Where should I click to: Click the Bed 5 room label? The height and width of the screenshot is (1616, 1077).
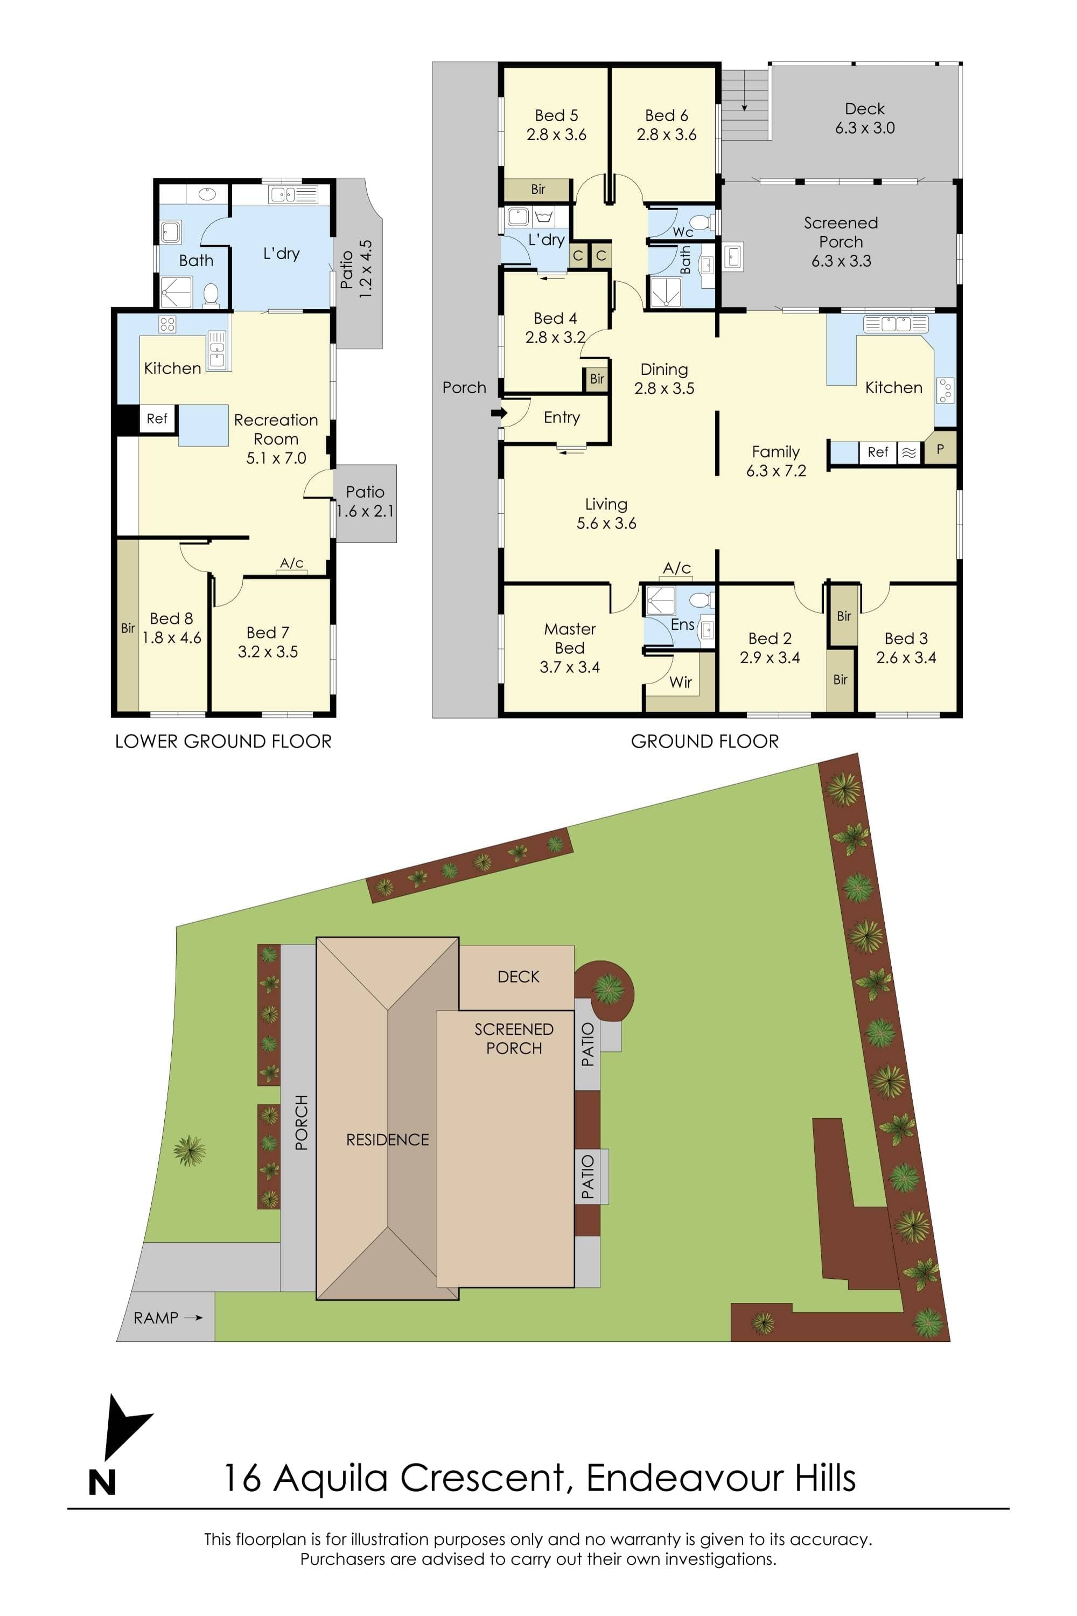coord(556,115)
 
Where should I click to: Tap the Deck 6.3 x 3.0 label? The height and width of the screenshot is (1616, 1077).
coord(865,118)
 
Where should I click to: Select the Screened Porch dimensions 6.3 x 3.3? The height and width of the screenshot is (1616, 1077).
coord(841,261)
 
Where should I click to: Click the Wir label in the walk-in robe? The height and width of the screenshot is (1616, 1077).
coord(681,682)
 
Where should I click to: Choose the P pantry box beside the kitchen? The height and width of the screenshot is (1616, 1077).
coord(940,449)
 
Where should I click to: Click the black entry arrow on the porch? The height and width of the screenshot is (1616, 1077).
coord(499,413)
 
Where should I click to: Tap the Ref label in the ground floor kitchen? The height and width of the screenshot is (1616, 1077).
coord(878,452)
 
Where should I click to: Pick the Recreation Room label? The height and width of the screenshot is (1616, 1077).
coord(276,429)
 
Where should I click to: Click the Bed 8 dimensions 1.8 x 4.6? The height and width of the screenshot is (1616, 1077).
coord(172,638)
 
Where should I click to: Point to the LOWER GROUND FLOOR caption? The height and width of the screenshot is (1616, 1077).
coord(223,741)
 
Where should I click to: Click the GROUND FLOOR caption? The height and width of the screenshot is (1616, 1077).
coord(705,741)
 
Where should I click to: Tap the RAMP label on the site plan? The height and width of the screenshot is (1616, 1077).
coord(156,1318)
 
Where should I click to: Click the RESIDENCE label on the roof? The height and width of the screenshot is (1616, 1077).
coord(387,1140)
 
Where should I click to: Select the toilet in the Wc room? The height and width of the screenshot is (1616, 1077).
coord(701,221)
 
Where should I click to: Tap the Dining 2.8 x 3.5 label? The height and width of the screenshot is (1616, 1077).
coord(664,379)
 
